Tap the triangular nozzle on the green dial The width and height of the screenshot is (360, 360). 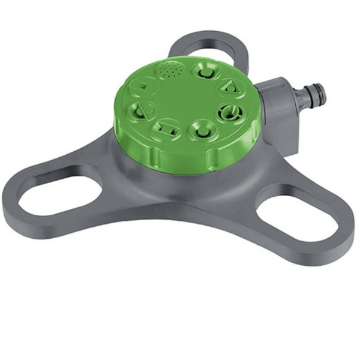point(226,88)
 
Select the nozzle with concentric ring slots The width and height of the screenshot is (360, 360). point(228,112)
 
